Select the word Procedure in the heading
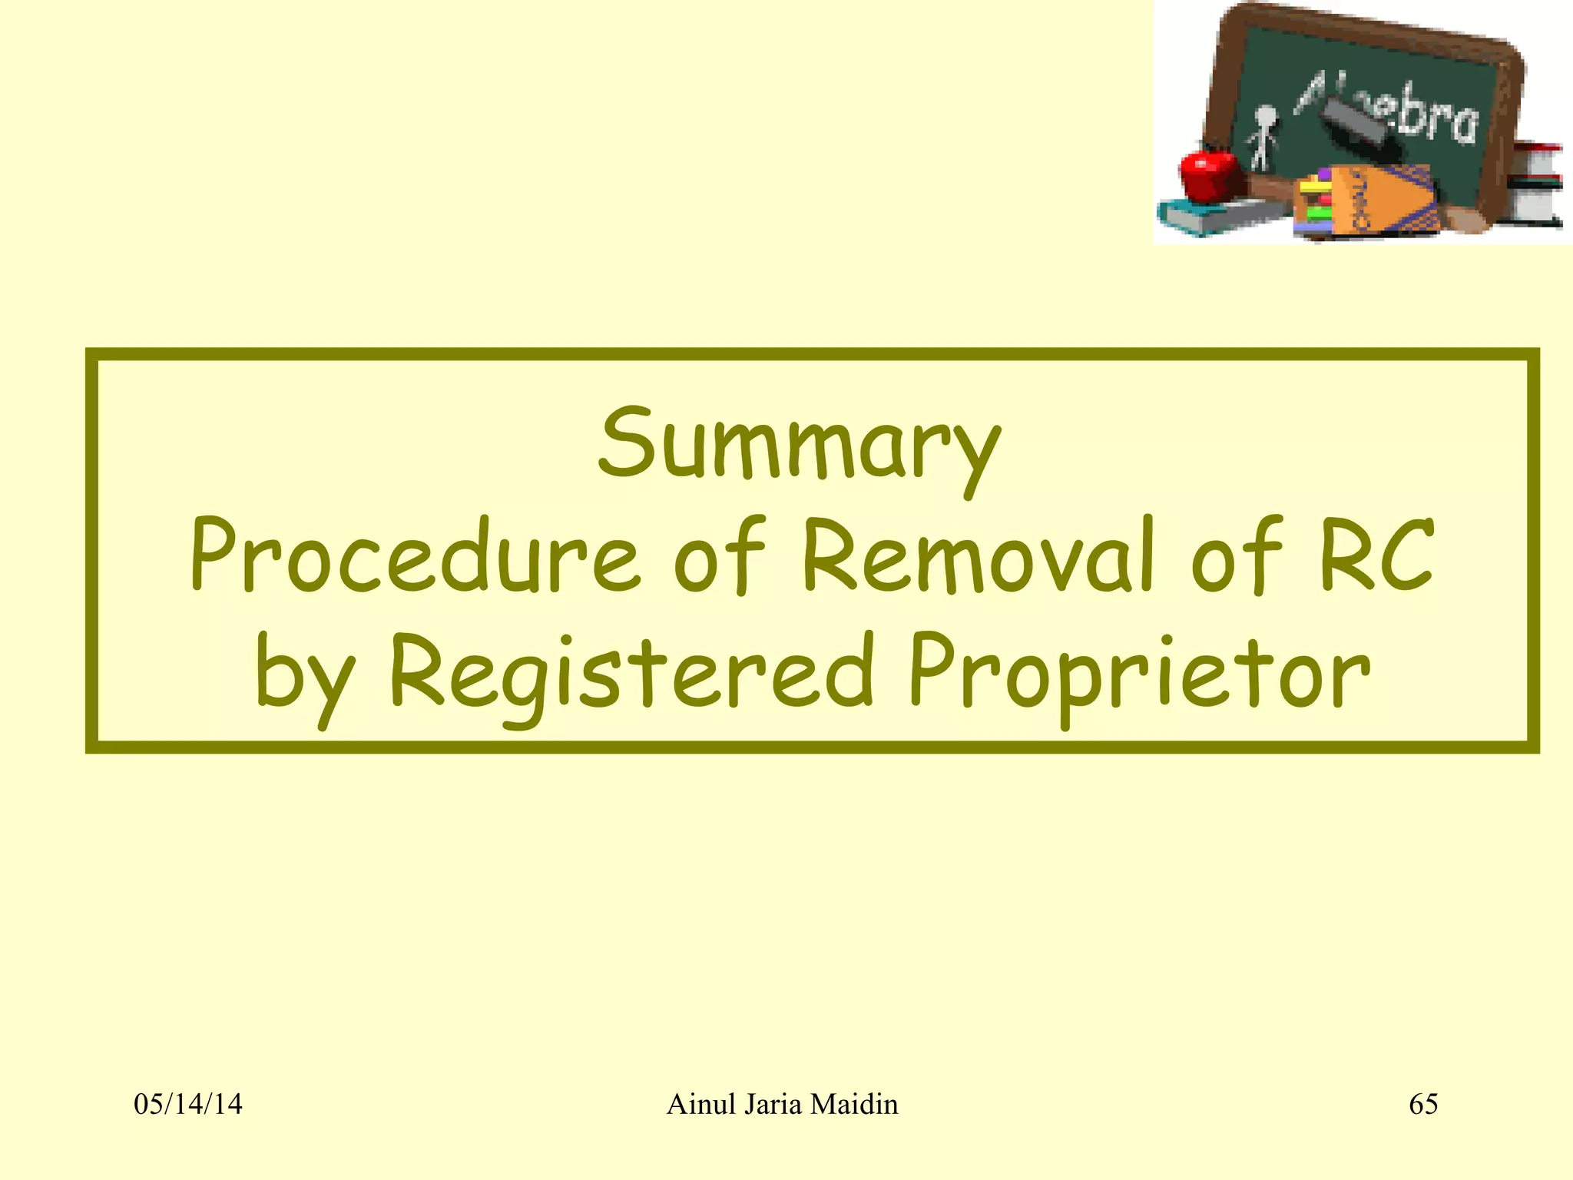pos(415,558)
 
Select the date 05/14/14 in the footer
pos(188,1105)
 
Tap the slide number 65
pos(1423,1105)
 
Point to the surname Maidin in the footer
pos(853,1105)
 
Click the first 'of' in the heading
pos(719,558)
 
